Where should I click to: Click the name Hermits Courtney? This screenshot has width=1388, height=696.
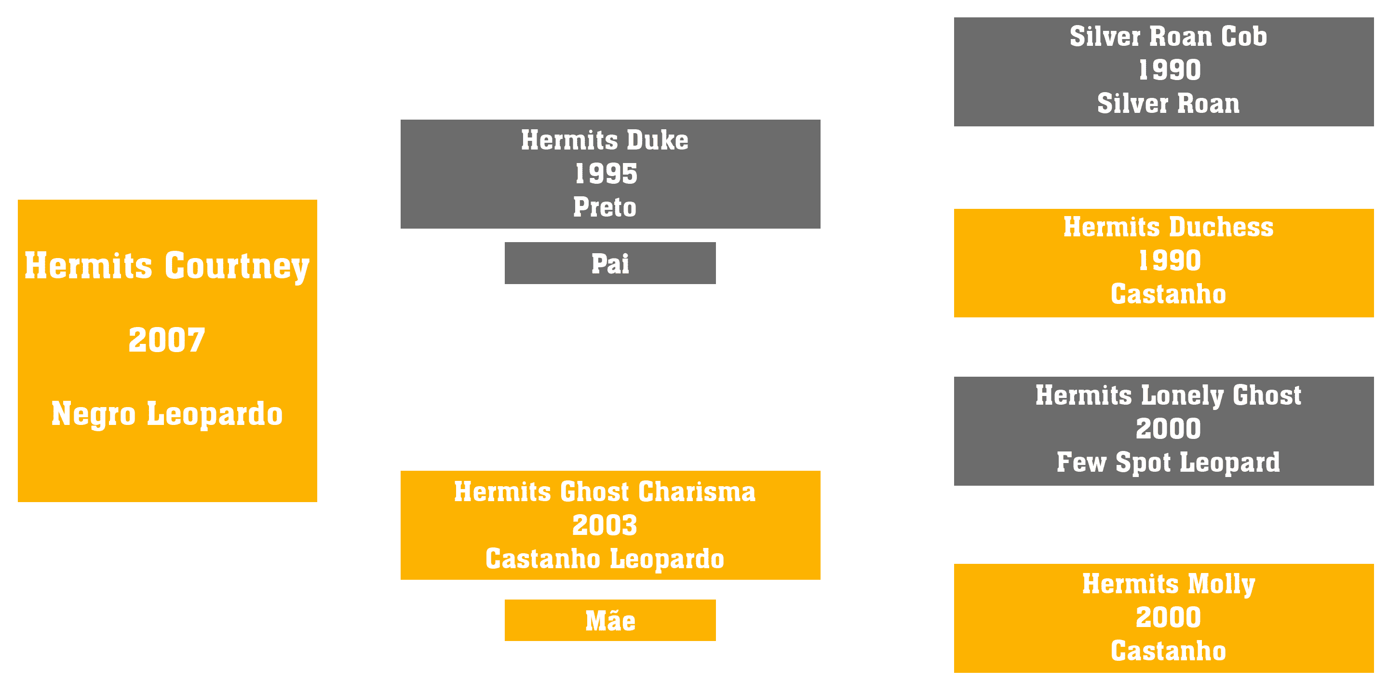[167, 266]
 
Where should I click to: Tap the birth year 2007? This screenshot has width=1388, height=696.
[167, 340]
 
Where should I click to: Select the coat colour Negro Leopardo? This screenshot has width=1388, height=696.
[167, 414]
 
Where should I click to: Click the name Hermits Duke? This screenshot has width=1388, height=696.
[605, 140]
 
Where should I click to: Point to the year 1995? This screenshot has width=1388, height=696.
[606, 174]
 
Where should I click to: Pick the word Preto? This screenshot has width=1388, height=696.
[605, 207]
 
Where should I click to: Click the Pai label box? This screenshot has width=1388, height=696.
[610, 263]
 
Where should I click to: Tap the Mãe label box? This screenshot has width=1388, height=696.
[610, 620]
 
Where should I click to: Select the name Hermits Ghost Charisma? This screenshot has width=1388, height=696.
[605, 491]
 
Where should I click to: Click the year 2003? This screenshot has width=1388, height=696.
[605, 526]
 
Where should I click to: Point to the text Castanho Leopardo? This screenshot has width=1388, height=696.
[605, 559]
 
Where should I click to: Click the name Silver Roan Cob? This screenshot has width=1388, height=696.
[1168, 37]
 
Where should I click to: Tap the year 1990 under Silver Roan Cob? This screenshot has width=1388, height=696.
[1169, 70]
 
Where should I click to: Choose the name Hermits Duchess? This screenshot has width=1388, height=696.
[1168, 227]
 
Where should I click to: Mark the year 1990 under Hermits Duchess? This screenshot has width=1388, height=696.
[1169, 261]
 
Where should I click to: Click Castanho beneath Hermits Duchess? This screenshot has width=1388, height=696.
[1168, 294]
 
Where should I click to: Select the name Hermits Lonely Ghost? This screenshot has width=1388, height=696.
[1168, 396]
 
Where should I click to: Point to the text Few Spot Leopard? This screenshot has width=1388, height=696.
[1168, 463]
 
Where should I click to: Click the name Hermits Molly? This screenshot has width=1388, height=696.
[1168, 585]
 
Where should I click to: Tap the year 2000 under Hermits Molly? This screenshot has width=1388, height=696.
[1168, 618]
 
